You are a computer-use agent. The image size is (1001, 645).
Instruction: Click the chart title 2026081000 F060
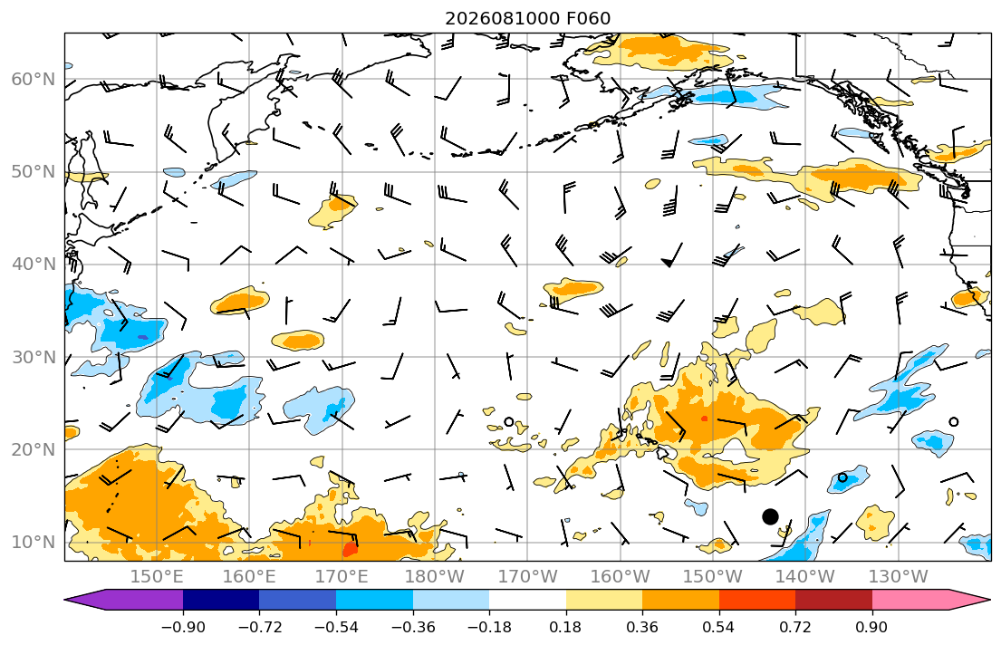tap(527, 18)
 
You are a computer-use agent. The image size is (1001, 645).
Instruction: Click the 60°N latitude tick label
tap(34, 79)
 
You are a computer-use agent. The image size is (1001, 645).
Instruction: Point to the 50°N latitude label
tap(34, 172)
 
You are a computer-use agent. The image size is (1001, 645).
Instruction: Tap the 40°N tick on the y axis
tap(34, 265)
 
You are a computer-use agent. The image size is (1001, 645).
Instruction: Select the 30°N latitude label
tap(34, 357)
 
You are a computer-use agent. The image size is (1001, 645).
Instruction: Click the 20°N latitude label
tap(34, 449)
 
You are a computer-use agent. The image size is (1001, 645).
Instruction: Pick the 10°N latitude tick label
tap(34, 543)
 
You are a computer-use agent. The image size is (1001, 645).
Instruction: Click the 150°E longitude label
tap(157, 577)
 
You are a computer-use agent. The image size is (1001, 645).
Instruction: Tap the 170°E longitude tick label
tap(342, 577)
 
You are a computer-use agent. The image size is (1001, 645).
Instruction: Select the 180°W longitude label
tap(435, 577)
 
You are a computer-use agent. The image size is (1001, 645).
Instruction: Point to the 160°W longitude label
tap(620, 577)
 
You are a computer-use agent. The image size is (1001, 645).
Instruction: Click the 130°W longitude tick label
tap(899, 577)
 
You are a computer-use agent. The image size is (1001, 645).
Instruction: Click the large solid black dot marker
tap(771, 516)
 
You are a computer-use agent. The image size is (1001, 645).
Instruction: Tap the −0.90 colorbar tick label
tap(183, 627)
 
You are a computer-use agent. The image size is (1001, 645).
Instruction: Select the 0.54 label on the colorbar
tap(719, 627)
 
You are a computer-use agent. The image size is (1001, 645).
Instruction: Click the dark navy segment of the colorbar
tap(221, 600)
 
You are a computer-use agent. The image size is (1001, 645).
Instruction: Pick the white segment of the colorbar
tap(527, 600)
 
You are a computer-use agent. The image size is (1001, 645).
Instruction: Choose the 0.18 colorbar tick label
tap(565, 627)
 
